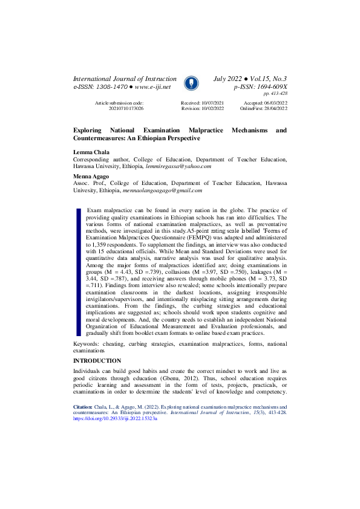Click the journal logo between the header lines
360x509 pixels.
190,83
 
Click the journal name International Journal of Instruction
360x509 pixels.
125,79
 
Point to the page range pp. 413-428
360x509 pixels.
275,94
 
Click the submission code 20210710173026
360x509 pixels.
126,108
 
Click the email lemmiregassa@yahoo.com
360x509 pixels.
178,166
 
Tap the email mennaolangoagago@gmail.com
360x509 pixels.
162,189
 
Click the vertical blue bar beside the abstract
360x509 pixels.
78,271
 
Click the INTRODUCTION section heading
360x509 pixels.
97,360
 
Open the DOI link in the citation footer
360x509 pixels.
114,418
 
